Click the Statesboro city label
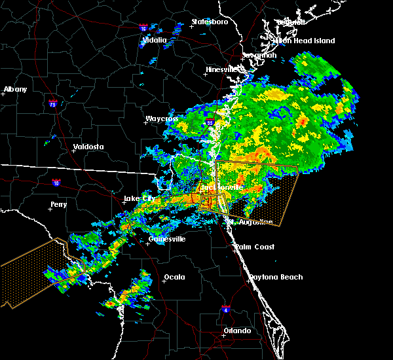pyautogui.click(x=210, y=22)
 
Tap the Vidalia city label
pyautogui.click(x=155, y=40)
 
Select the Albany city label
pyautogui.click(x=15, y=89)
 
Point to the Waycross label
pyautogui.click(x=161, y=119)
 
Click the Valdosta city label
pyautogui.click(x=88, y=147)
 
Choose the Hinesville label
pyautogui.click(x=221, y=69)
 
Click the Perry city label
pyautogui.click(x=58, y=204)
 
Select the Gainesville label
pyautogui.click(x=167, y=239)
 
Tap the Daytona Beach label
pyautogui.click(x=276, y=277)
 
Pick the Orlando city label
pyautogui.click(x=236, y=331)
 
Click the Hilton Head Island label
pyautogui.click(x=303, y=41)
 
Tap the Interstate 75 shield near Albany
pyautogui.click(x=52, y=103)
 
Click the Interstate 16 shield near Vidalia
pyautogui.click(x=143, y=28)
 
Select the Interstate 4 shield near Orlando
pyautogui.click(x=226, y=308)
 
